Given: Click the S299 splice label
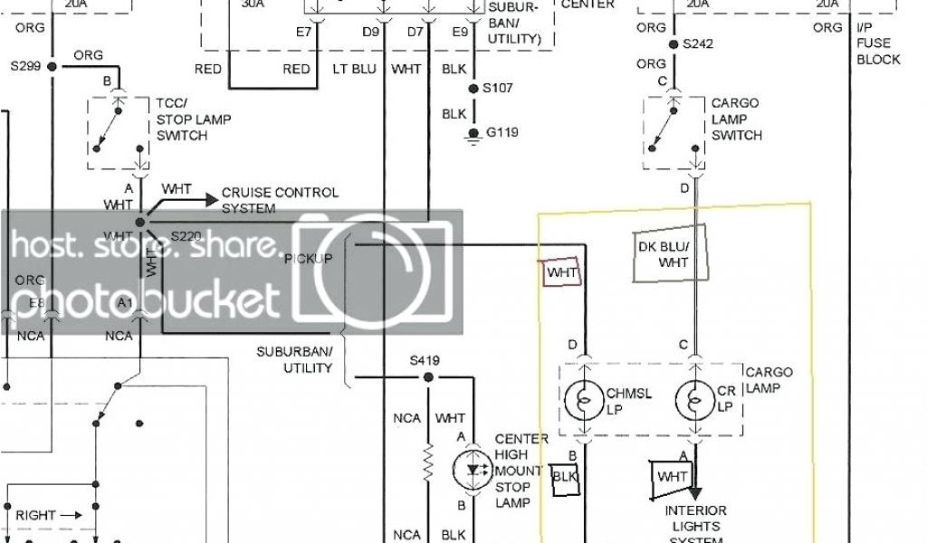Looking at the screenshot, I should (x=27, y=66).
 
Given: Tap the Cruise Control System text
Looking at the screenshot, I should (x=280, y=200).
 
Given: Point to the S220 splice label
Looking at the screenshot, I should (x=187, y=236).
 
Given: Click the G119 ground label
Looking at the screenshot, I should (x=502, y=132).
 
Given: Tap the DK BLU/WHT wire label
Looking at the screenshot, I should (x=674, y=254).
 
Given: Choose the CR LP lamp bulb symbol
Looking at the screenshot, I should (x=694, y=398).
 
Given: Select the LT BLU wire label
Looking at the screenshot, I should (x=353, y=69).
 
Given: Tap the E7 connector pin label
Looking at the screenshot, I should (x=303, y=33).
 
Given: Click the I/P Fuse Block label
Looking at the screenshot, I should (x=878, y=43).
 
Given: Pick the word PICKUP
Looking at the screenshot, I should (x=309, y=259).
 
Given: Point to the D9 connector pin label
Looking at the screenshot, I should (x=371, y=33).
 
